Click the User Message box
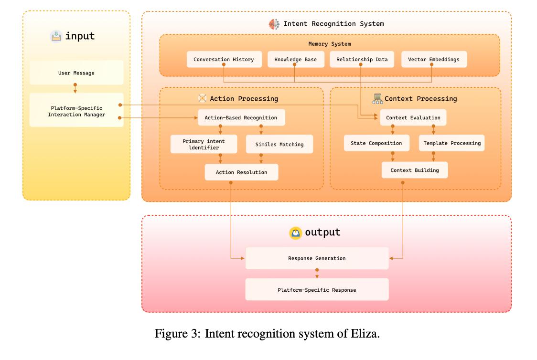(76, 73)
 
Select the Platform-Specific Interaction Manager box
(76, 111)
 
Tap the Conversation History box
(224, 60)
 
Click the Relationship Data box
(362, 60)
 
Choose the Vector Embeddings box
(433, 60)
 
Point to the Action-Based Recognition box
(241, 117)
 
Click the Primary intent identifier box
(204, 144)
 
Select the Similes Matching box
(279, 144)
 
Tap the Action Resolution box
(241, 172)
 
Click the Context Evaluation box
(413, 117)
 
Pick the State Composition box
(376, 143)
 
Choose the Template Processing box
(451, 143)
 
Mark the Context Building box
(414, 170)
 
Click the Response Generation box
(316, 258)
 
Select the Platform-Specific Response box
(316, 290)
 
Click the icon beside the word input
(56, 36)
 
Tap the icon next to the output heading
(296, 233)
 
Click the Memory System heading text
(329, 44)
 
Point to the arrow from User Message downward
(75, 88)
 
